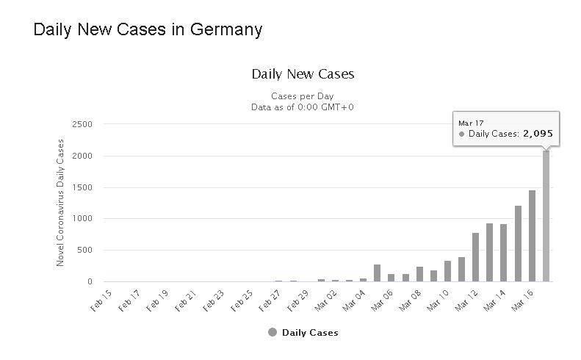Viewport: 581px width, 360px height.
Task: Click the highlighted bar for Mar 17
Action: click(x=546, y=216)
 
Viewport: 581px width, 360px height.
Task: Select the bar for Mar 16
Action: click(x=532, y=236)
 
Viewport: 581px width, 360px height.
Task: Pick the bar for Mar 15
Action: click(x=518, y=243)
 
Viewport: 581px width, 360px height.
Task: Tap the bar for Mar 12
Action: click(x=475, y=257)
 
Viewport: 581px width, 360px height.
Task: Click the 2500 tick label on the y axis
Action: click(x=82, y=124)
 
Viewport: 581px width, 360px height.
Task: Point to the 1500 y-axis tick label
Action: click(x=82, y=187)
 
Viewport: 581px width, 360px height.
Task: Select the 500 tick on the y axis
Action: click(x=84, y=250)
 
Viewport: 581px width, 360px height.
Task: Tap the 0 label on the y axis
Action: click(x=90, y=281)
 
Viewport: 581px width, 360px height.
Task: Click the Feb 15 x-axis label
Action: click(x=103, y=300)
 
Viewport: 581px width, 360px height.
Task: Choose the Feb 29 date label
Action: click(x=299, y=300)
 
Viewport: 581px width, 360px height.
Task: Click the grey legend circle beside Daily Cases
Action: click(x=273, y=333)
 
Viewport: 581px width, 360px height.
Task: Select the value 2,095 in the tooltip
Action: click(x=538, y=134)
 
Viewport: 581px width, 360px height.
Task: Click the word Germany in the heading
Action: click(x=226, y=30)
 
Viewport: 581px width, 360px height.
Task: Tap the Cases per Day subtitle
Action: click(x=303, y=96)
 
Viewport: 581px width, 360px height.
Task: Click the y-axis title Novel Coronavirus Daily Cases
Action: click(x=61, y=202)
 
